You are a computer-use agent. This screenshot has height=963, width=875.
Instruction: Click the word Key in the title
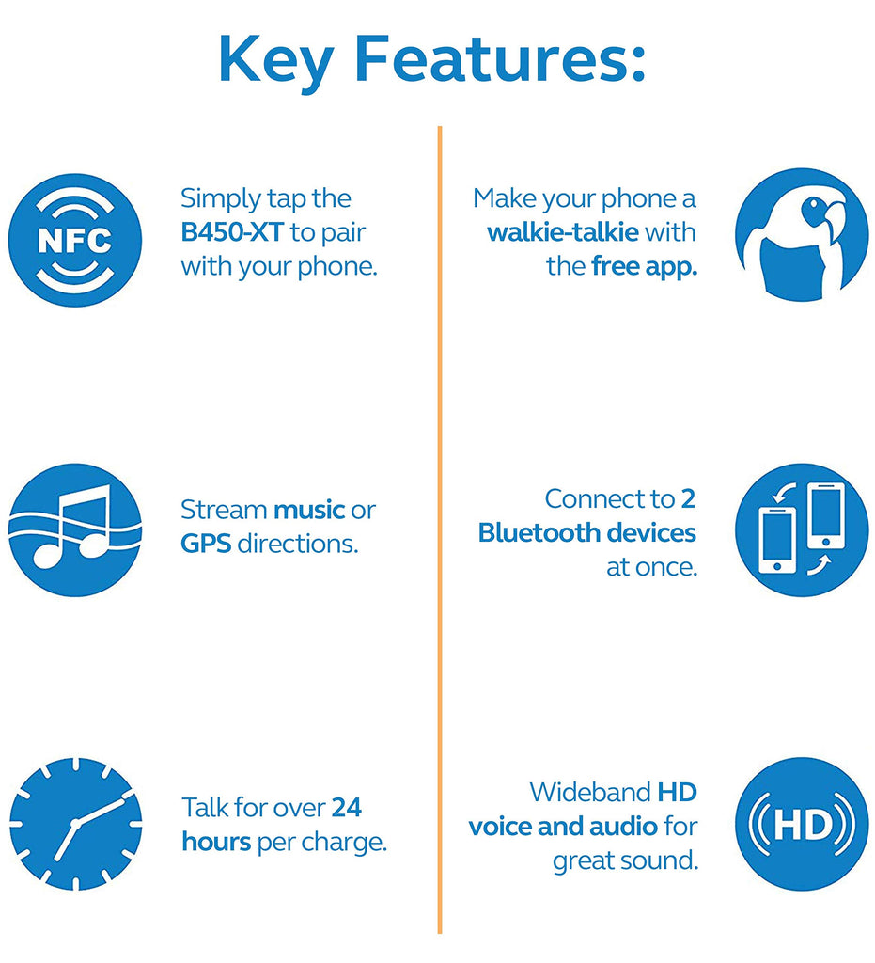[x=275, y=61]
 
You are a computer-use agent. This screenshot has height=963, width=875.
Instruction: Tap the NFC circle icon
[x=75, y=240]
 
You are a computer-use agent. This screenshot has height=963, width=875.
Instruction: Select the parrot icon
[x=802, y=234]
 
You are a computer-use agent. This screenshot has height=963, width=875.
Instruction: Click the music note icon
[x=75, y=530]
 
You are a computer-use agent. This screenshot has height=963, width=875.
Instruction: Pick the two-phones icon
[x=802, y=530]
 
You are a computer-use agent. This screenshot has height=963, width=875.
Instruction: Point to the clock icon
[x=75, y=824]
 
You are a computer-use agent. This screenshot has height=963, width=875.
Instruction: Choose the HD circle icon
[x=802, y=824]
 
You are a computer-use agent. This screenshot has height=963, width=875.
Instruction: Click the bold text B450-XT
[x=232, y=232]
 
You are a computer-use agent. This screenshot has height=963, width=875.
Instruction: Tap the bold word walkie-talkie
[x=563, y=232]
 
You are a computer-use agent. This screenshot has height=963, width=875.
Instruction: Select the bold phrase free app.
[x=645, y=267]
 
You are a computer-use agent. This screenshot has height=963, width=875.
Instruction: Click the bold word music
[x=309, y=510]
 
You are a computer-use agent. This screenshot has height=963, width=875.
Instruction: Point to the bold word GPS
[x=206, y=544]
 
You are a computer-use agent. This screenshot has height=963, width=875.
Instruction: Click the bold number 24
[x=347, y=808]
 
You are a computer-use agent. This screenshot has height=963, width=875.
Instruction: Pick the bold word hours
[x=216, y=842]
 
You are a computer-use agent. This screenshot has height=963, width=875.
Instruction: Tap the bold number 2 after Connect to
[x=688, y=498]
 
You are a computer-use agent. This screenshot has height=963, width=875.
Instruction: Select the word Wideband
[x=590, y=792]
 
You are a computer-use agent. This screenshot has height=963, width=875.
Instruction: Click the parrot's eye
[x=814, y=204]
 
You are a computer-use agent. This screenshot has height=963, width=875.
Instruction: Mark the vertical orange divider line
[x=440, y=529]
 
